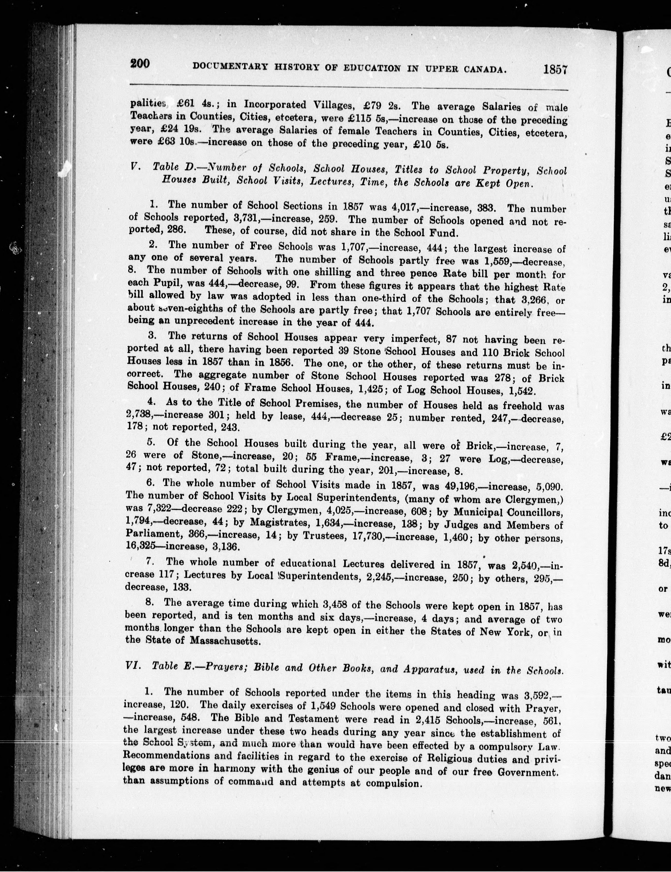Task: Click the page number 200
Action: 139,64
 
